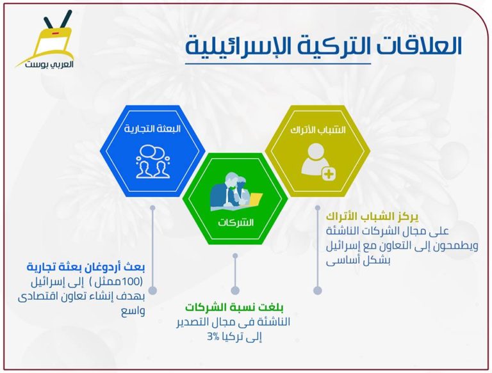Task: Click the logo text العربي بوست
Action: [x=49, y=64]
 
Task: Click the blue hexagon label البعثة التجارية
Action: [x=152, y=129]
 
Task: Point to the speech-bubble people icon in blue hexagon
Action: [x=153, y=161]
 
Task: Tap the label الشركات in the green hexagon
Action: [x=236, y=223]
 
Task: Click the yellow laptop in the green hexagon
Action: [x=255, y=200]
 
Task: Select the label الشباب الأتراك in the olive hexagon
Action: [x=318, y=130]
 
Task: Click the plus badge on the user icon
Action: [x=329, y=173]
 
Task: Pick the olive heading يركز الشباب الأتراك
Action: [x=372, y=217]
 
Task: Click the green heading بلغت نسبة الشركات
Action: [x=234, y=307]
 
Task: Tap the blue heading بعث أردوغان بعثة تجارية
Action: [x=86, y=267]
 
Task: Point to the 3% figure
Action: [x=213, y=337]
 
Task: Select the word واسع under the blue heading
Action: [x=133, y=312]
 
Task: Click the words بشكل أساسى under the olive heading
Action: [x=357, y=261]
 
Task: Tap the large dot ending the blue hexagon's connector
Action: [x=153, y=290]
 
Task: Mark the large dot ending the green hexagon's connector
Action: [x=235, y=290]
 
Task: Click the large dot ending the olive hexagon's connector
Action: [x=318, y=290]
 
